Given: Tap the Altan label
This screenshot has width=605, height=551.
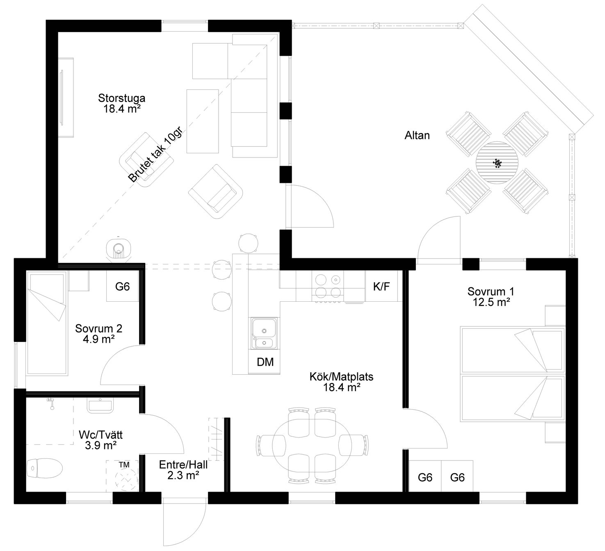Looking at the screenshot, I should point(417,135).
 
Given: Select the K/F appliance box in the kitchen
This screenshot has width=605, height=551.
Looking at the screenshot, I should point(381,287).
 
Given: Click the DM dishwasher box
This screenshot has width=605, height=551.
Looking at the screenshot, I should point(265,362).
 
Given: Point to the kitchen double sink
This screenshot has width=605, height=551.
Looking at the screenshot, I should point(265,334).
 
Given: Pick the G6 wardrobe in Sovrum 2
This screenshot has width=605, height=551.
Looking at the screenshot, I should point(123,286).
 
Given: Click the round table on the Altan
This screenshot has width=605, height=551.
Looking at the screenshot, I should point(497,163).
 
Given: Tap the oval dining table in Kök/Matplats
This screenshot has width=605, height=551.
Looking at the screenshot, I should point(312,444).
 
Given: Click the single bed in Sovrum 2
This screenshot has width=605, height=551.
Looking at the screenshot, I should point(46,324).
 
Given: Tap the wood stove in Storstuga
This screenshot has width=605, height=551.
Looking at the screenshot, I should point(119,248).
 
